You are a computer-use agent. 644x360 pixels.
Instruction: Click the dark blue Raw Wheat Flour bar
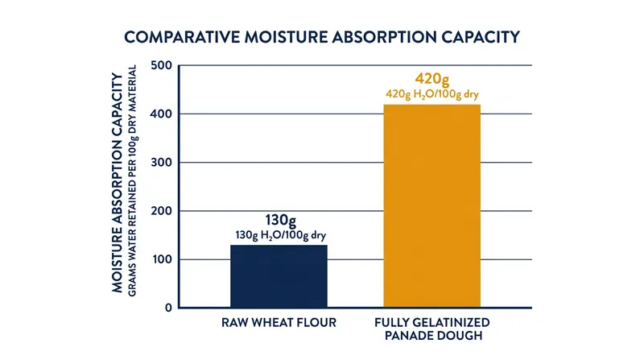click(x=279, y=276)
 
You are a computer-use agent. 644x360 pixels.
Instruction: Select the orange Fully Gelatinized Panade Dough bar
click(x=432, y=206)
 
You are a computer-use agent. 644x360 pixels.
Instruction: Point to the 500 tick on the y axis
click(x=162, y=65)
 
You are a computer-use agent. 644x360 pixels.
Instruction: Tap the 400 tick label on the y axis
click(x=162, y=114)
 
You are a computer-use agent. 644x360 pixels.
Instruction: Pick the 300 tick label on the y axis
click(x=162, y=163)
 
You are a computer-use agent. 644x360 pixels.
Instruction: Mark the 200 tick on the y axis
click(x=162, y=211)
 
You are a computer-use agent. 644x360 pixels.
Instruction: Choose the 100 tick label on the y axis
click(x=162, y=259)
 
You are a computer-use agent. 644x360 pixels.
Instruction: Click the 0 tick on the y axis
click(x=168, y=308)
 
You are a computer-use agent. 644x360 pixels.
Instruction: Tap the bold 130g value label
click(x=280, y=221)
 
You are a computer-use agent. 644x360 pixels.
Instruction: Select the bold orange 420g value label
click(x=432, y=78)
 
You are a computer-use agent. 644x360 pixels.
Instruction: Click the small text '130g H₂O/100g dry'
click(x=280, y=235)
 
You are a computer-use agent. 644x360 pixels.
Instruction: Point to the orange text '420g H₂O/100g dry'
click(x=432, y=94)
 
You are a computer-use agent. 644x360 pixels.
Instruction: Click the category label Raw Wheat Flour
click(x=279, y=323)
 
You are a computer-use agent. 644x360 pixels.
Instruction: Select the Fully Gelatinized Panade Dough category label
click(x=432, y=329)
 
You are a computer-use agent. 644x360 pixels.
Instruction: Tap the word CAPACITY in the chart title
click(x=481, y=37)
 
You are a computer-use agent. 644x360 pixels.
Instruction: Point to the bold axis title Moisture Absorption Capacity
click(x=118, y=183)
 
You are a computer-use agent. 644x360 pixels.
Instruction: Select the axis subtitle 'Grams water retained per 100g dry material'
click(x=132, y=181)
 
